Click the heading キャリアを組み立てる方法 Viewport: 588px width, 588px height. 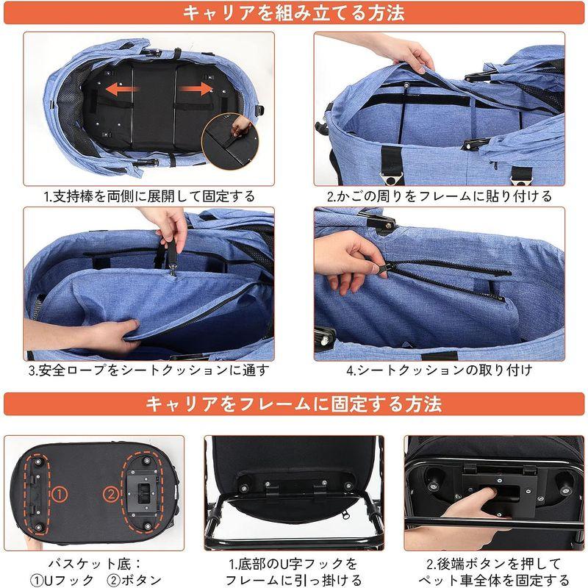pos(294,12)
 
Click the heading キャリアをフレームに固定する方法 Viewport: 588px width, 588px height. pos(294,404)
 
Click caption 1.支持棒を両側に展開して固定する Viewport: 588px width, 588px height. pos(149,196)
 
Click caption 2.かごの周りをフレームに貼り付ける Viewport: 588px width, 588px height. pos(440,196)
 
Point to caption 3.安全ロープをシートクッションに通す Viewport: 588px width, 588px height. pos(149,370)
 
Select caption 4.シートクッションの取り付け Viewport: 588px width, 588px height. pos(440,370)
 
